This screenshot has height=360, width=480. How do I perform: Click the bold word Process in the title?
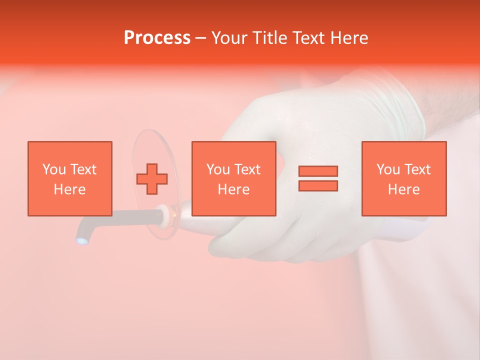point(157,38)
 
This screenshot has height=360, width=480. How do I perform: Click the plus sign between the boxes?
point(152,178)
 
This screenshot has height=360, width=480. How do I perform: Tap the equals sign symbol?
point(318,178)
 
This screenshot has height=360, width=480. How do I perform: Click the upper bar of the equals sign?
point(318,171)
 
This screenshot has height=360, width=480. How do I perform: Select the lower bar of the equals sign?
point(318,185)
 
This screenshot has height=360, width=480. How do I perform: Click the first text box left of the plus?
point(69,178)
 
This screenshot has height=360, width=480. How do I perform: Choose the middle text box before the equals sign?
point(233,178)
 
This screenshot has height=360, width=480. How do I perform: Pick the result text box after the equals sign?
point(403,178)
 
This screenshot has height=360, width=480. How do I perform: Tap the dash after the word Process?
point(200,38)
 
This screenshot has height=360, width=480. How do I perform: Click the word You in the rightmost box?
point(388,169)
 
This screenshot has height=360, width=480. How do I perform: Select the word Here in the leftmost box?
point(69,189)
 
